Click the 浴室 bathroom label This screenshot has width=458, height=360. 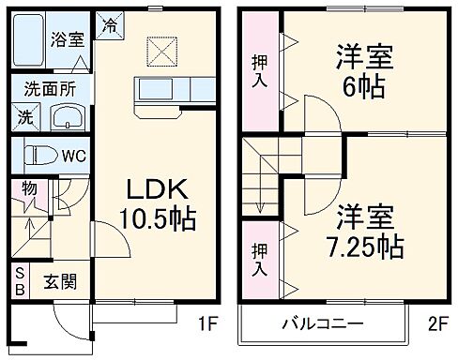click(x=67, y=40)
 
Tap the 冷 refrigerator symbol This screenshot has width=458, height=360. click(x=110, y=22)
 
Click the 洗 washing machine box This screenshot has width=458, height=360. click(x=23, y=118)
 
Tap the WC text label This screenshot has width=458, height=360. click(x=73, y=156)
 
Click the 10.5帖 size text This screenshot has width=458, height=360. click(x=158, y=219)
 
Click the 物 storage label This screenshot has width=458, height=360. click(x=29, y=187)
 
